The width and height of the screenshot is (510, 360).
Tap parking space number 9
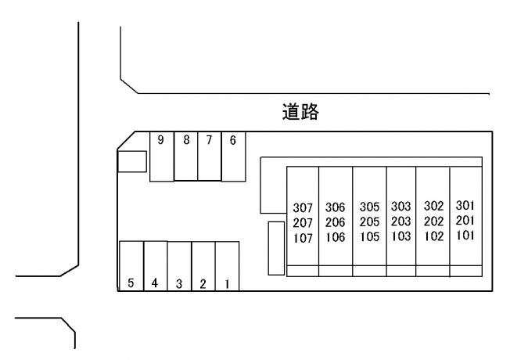click(x=161, y=141)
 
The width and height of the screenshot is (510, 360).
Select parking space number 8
click(x=185, y=141)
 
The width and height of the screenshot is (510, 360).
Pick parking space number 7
click(x=209, y=141)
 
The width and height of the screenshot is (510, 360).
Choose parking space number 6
click(x=233, y=141)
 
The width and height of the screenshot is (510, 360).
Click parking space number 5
click(x=131, y=283)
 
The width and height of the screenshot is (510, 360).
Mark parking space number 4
click(x=155, y=283)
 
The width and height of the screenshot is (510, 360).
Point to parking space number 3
click(x=179, y=283)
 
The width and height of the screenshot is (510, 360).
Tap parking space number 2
click(x=203, y=283)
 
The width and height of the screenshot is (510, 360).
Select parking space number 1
click(x=227, y=283)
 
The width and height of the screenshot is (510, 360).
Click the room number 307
click(x=303, y=208)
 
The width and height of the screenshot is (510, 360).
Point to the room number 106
click(x=335, y=237)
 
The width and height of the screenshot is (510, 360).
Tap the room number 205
click(x=369, y=222)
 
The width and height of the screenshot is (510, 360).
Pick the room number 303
click(x=400, y=207)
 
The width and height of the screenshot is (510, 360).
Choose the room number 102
click(x=433, y=236)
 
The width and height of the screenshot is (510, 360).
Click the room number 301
click(x=465, y=206)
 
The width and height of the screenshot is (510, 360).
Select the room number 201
click(x=465, y=221)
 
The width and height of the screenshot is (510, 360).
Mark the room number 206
click(x=335, y=222)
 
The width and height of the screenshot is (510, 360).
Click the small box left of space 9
click(x=131, y=161)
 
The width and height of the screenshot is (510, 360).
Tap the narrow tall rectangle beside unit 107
click(x=275, y=248)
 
